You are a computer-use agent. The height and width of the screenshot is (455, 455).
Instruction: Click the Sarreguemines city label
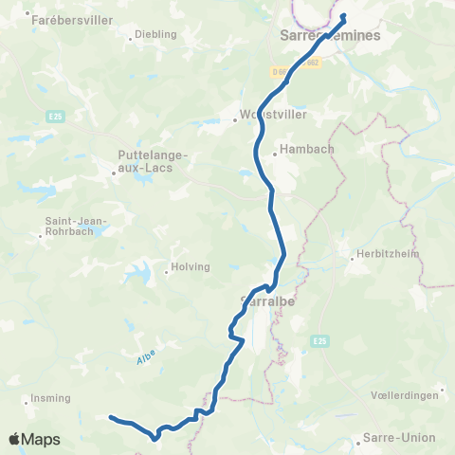pos(331,35)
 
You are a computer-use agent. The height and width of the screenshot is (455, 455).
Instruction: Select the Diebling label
pos(156,34)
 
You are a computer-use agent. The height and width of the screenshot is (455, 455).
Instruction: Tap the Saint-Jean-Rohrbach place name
pos(77,228)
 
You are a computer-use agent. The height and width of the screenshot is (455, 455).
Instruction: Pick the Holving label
pos(189,267)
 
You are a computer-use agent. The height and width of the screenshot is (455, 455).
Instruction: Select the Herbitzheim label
pos(379,254)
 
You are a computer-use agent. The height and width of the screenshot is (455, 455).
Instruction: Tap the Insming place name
pos(45,399)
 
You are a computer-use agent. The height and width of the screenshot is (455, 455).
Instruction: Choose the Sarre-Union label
pos(399,438)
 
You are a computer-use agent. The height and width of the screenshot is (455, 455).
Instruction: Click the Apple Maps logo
pos(34,440)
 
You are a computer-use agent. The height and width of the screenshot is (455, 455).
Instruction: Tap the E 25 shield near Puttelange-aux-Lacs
pos(55,116)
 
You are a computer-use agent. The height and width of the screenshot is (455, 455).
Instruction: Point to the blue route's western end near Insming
pos(111,417)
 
